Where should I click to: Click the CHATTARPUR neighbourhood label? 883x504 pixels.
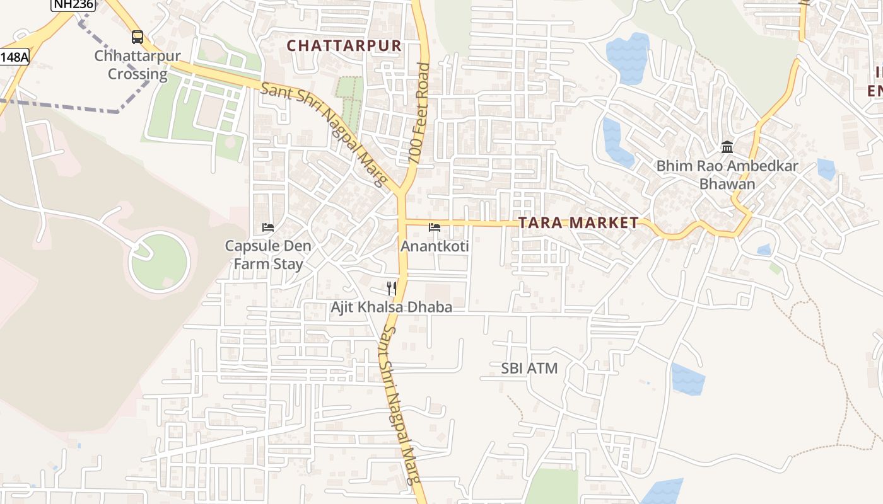(344, 46)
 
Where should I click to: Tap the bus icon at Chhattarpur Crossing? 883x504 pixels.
(137, 37)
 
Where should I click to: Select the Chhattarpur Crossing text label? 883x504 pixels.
(137, 65)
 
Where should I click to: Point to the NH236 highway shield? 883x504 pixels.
(73, 4)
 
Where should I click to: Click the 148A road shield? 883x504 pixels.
(14, 57)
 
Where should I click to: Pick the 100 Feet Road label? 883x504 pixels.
(419, 113)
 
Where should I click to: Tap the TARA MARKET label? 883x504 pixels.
(578, 223)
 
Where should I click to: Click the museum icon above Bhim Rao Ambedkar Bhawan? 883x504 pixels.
(727, 147)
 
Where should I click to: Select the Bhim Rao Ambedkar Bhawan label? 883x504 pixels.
(727, 175)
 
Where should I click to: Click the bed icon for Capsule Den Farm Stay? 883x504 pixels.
(268, 227)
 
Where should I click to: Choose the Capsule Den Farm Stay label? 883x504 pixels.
(268, 255)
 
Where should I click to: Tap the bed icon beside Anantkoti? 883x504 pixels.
(435, 227)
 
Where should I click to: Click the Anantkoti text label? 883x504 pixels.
(435, 246)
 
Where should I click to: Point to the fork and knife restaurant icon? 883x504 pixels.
(392, 289)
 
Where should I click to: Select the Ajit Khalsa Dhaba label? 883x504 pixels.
(392, 307)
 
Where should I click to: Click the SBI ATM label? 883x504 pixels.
(529, 369)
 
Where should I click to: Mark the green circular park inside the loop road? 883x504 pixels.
(160, 261)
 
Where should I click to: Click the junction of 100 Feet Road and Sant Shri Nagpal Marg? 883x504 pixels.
(401, 193)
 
